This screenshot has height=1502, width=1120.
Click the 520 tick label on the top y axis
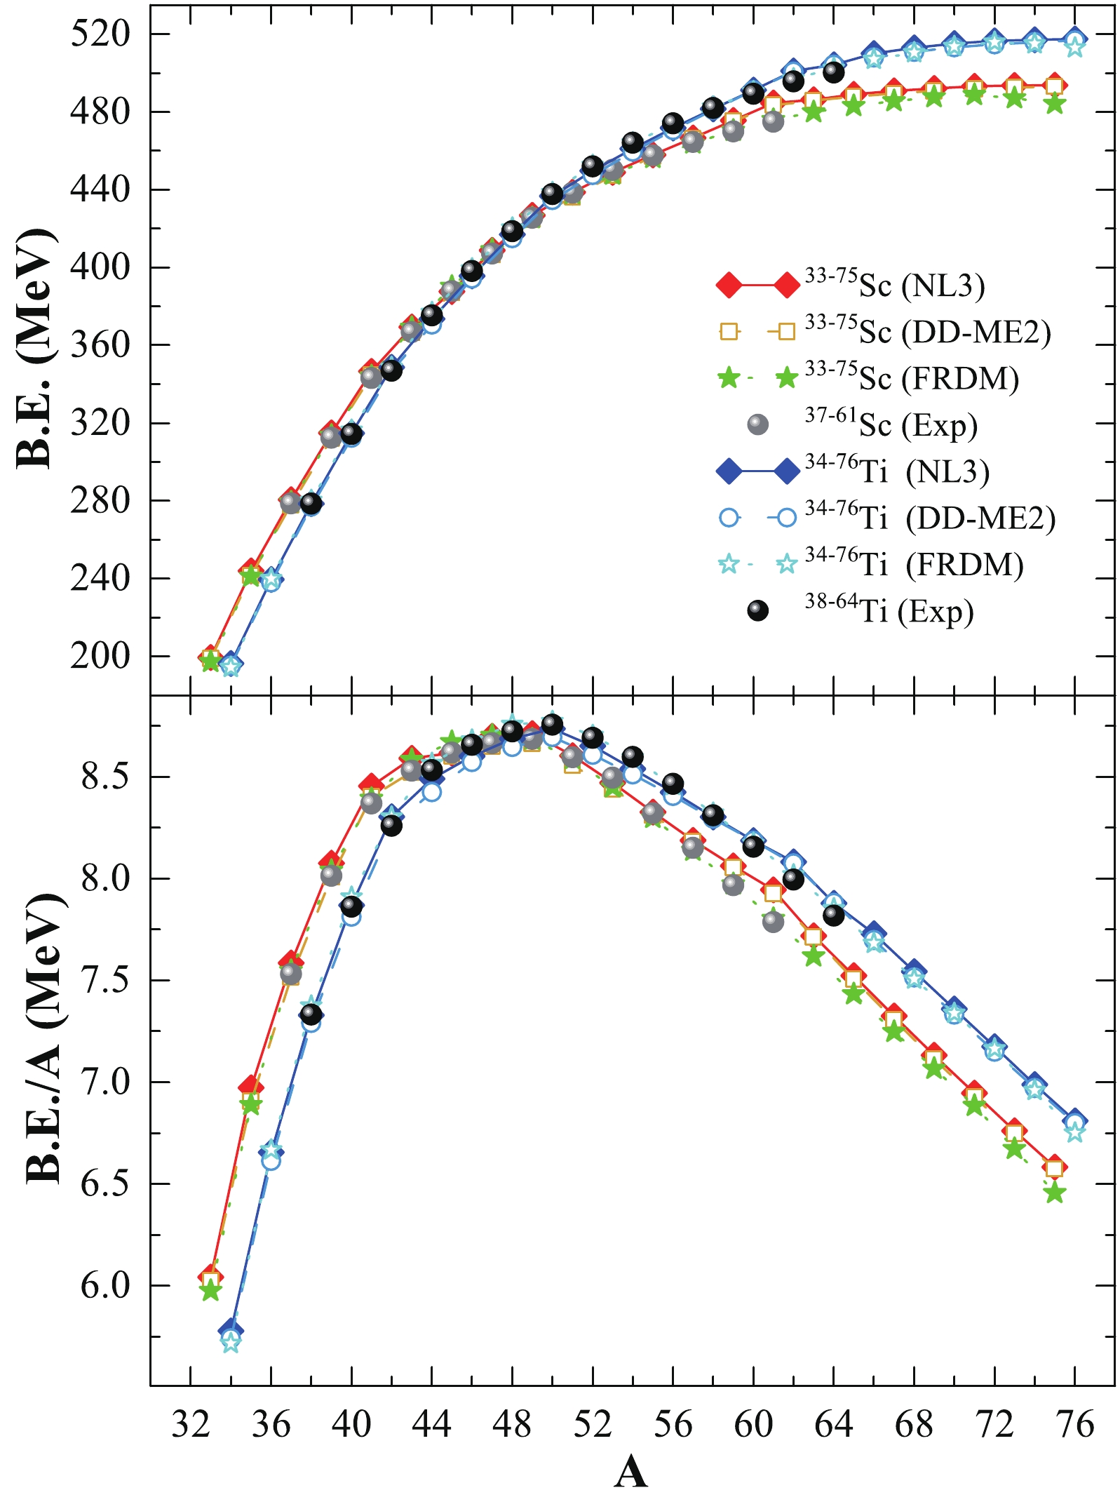[x=100, y=34]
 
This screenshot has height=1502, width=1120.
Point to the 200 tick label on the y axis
[x=100, y=657]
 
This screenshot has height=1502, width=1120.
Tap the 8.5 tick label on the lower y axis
[x=105, y=777]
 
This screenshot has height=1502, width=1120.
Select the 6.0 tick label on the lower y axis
[x=105, y=1285]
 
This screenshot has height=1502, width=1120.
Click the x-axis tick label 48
[x=512, y=1424]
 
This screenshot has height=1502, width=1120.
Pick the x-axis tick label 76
[x=1074, y=1424]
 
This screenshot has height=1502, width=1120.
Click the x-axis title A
[x=630, y=1471]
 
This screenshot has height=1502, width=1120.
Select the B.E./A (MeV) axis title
[x=43, y=1039]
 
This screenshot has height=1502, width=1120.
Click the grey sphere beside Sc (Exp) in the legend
[x=758, y=424]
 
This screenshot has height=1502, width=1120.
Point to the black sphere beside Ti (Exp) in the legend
[x=758, y=611]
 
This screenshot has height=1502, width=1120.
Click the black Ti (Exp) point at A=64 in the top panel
[x=834, y=72]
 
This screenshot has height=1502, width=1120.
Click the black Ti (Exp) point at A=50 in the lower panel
[x=553, y=724]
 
